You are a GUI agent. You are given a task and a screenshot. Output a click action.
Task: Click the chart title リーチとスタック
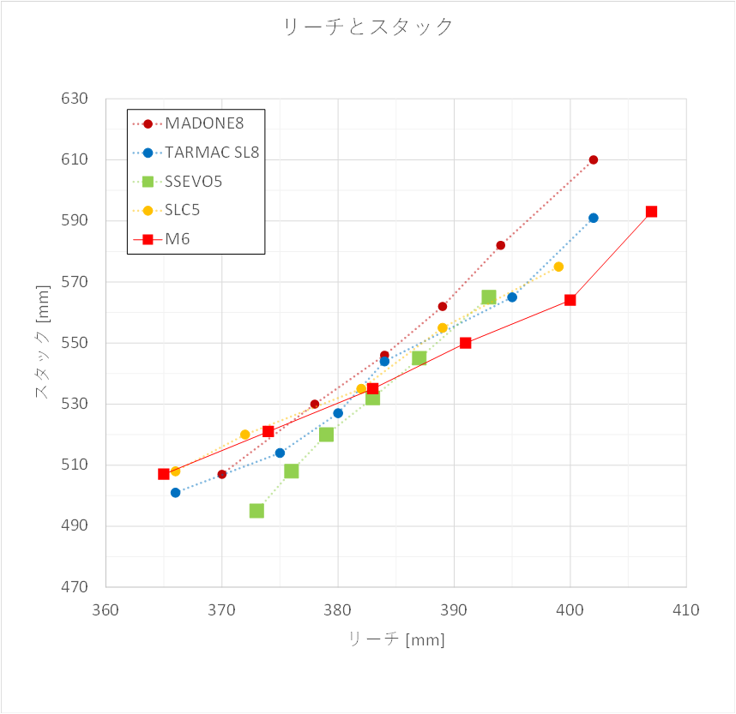point(368,27)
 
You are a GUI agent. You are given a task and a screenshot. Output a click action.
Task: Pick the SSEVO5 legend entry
point(194,182)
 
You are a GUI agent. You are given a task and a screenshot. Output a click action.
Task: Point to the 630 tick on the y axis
point(75,99)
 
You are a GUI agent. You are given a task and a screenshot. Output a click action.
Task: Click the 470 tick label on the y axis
point(75,587)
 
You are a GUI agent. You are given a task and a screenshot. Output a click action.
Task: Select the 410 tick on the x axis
point(686,610)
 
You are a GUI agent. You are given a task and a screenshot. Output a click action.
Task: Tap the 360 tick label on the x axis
point(106,610)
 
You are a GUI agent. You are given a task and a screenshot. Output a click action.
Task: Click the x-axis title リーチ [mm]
point(395,639)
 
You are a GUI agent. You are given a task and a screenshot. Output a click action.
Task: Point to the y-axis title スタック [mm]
point(42,343)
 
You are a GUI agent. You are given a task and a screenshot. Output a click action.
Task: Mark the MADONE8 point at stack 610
point(594,159)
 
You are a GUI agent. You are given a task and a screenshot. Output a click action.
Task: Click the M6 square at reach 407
point(651,212)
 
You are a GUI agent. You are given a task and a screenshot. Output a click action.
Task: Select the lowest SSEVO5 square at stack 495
point(256,511)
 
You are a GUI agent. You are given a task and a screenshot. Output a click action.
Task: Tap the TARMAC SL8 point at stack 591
point(594,218)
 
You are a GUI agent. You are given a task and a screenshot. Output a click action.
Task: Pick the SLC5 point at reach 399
point(558,267)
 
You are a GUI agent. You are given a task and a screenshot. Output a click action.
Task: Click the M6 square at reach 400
point(570,300)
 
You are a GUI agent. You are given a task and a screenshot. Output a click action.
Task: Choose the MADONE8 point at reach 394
point(500,245)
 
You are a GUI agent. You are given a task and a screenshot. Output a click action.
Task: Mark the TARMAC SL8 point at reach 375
point(280,453)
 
